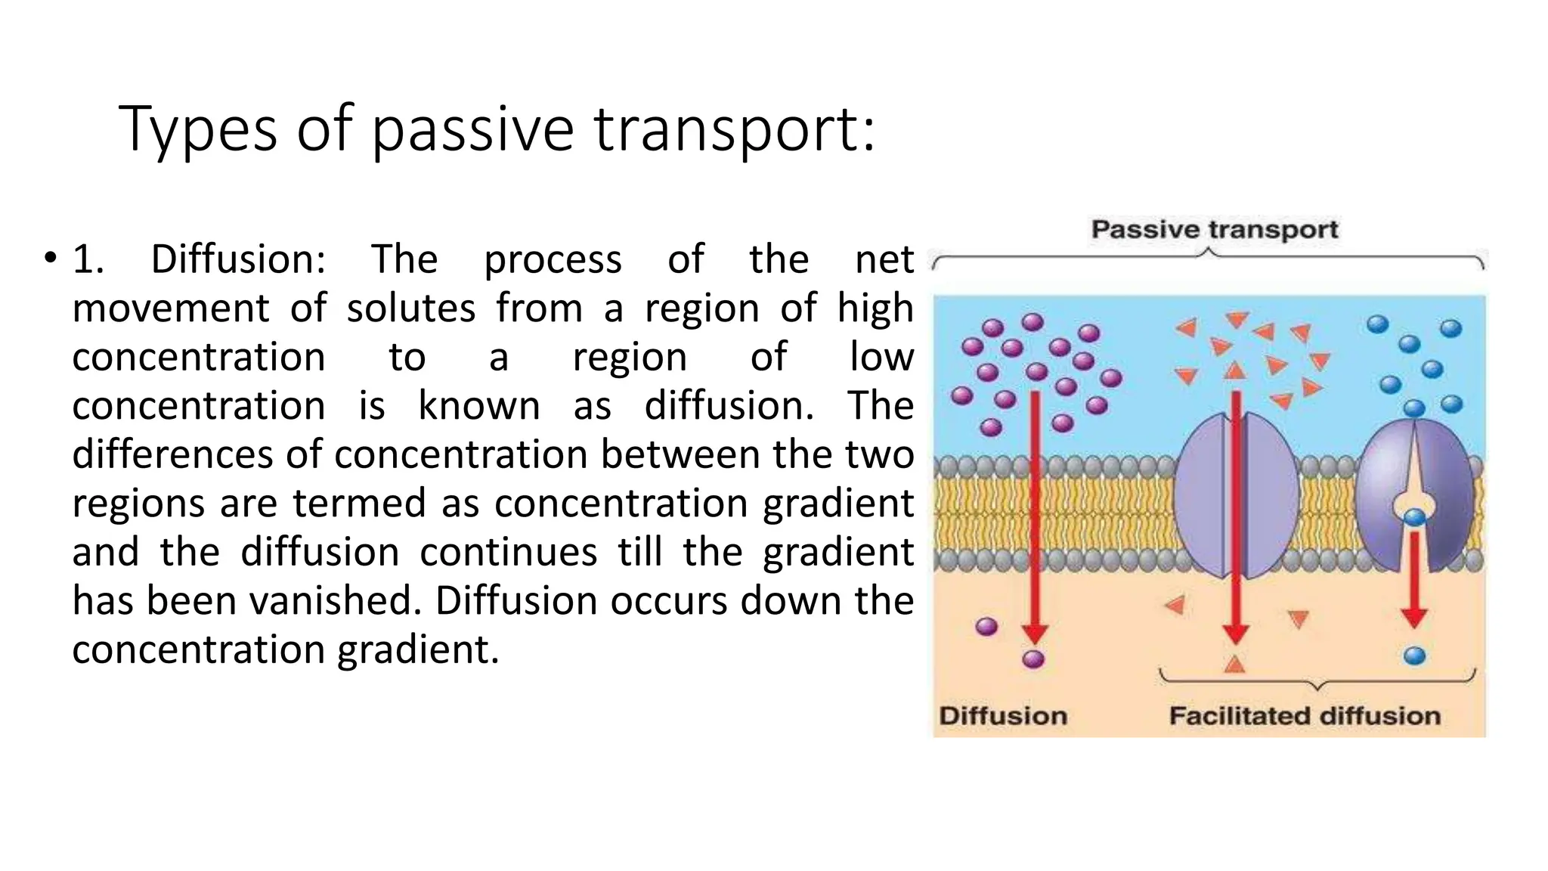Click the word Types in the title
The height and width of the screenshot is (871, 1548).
pyautogui.click(x=198, y=130)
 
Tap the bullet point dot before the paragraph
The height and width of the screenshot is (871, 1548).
pyautogui.click(x=50, y=258)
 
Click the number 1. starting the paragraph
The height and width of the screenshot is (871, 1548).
pyautogui.click(x=88, y=259)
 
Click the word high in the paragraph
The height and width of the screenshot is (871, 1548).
pyautogui.click(x=875, y=308)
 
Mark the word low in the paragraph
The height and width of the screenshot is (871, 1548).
pyautogui.click(x=881, y=357)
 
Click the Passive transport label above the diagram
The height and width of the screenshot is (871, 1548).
pyautogui.click(x=1214, y=230)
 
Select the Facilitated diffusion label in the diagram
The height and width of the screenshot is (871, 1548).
pyautogui.click(x=1305, y=716)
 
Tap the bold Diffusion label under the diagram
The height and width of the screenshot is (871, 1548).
pyautogui.click(x=1003, y=716)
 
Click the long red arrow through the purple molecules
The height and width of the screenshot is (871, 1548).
pyautogui.click(x=1035, y=514)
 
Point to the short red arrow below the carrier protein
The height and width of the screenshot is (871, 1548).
pyautogui.click(x=1414, y=578)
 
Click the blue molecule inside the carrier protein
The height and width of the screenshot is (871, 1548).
pyautogui.click(x=1414, y=518)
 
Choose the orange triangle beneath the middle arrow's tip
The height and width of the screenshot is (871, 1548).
pyautogui.click(x=1234, y=665)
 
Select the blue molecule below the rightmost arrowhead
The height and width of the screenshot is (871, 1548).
pyautogui.click(x=1414, y=656)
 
